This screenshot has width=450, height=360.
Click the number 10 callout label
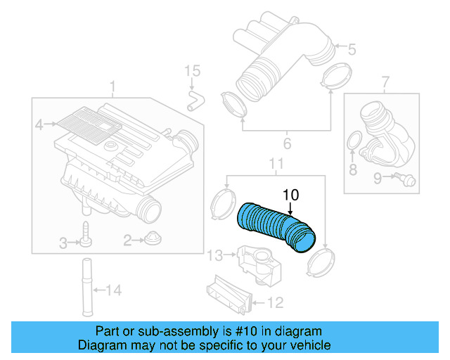[290, 194]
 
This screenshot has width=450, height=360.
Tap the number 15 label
[192, 71]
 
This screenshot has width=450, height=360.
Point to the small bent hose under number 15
[193, 98]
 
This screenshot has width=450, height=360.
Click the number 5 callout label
[352, 49]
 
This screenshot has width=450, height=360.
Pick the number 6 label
[287, 145]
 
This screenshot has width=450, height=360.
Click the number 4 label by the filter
[40, 125]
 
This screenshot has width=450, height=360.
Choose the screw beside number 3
[85, 236]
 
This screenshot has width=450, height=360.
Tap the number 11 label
[276, 165]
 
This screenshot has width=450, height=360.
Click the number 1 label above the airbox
[112, 87]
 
